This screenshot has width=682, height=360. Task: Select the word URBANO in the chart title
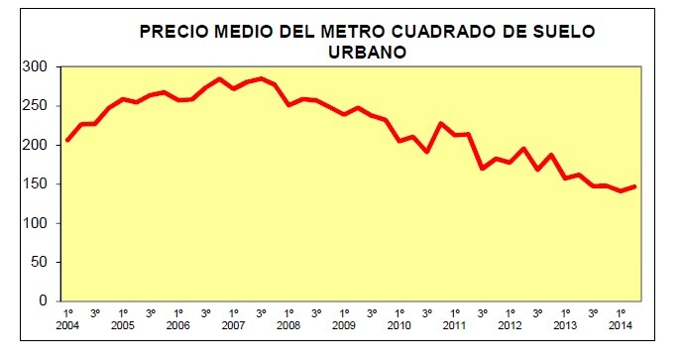(x=367, y=52)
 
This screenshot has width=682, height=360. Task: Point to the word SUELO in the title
(x=560, y=32)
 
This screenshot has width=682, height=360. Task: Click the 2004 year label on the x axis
(x=67, y=325)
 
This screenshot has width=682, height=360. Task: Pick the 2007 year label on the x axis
(x=233, y=325)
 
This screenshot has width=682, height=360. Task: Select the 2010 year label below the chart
(x=398, y=325)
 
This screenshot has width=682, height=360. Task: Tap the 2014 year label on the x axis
(x=620, y=325)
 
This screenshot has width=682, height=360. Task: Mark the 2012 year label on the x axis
(x=510, y=325)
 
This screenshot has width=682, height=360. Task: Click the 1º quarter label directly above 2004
(x=67, y=312)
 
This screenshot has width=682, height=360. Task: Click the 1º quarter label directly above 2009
(x=344, y=312)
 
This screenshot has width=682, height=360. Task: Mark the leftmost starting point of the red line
(x=67, y=140)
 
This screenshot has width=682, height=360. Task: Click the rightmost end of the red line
(x=633, y=186)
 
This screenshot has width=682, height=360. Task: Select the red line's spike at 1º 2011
(x=441, y=124)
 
